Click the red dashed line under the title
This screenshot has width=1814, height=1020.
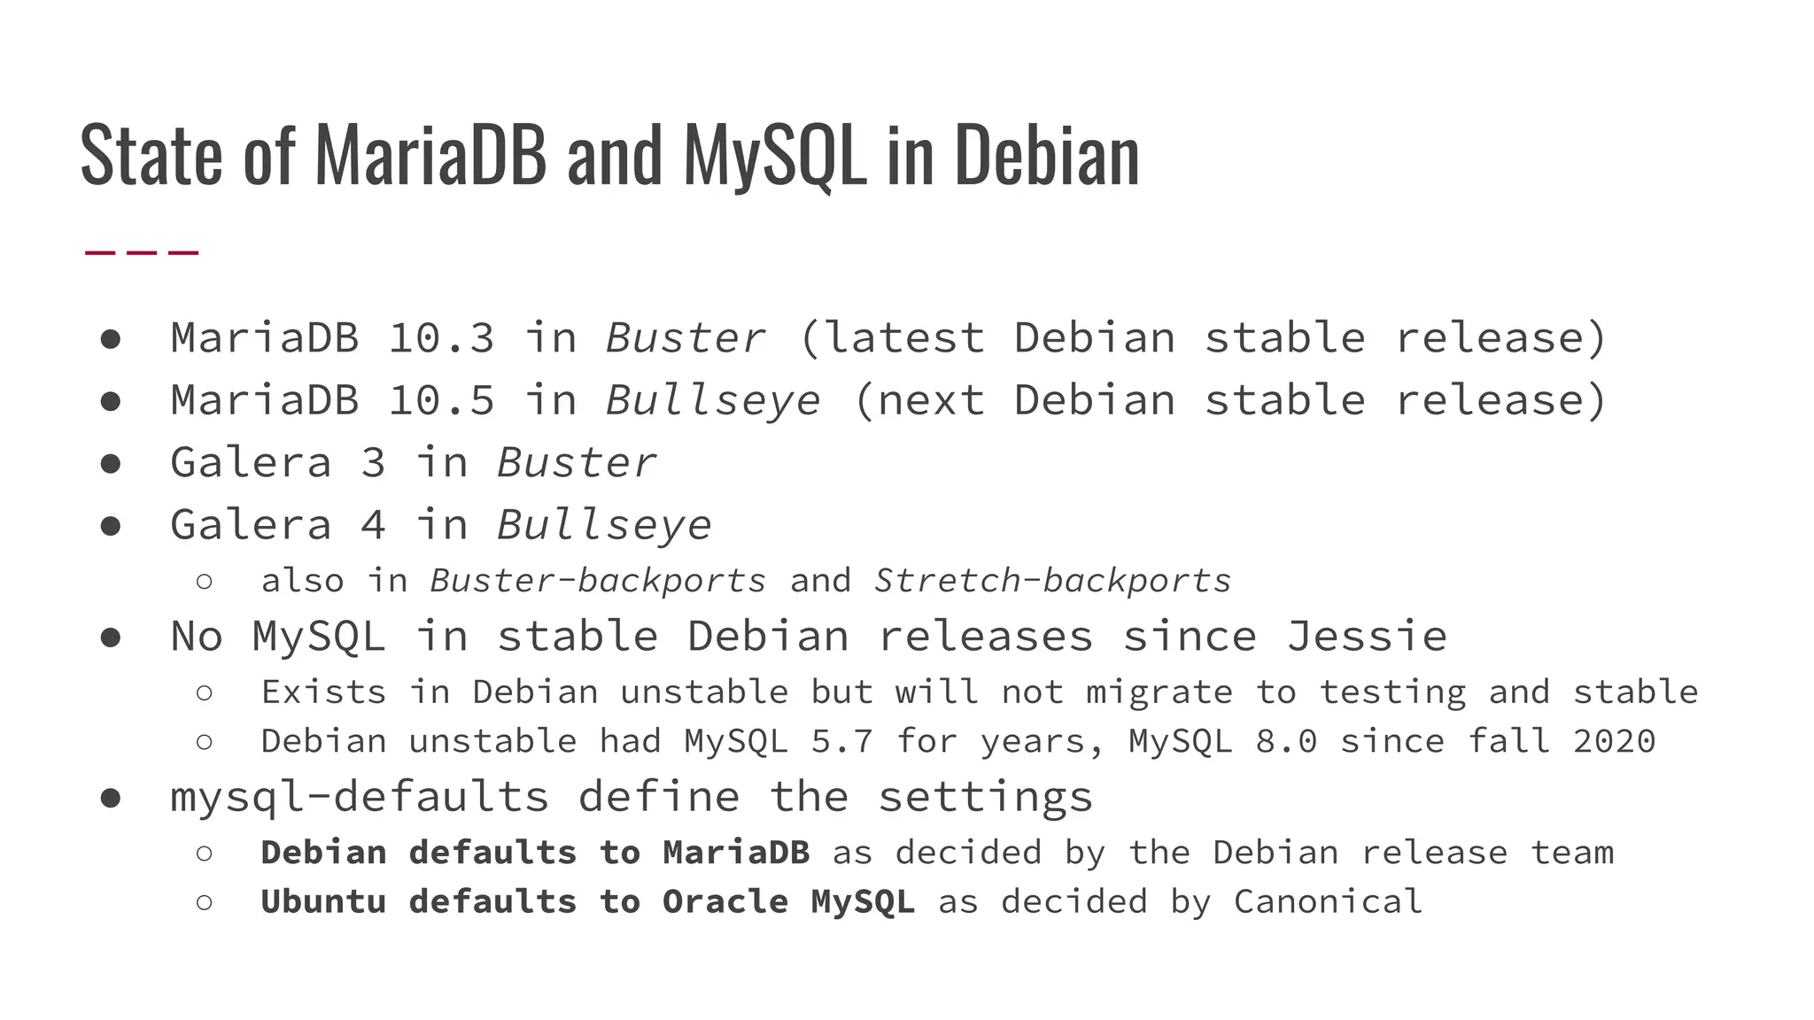click(x=141, y=253)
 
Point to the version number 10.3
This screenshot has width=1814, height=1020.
click(x=441, y=338)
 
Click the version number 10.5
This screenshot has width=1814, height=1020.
click(x=441, y=400)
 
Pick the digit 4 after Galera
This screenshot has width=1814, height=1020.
click(x=373, y=525)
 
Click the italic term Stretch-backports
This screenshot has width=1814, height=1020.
click(x=1052, y=581)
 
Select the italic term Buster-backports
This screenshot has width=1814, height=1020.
click(x=598, y=581)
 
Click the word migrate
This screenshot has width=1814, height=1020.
click(x=1159, y=692)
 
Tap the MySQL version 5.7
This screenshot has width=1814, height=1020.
click(x=841, y=741)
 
